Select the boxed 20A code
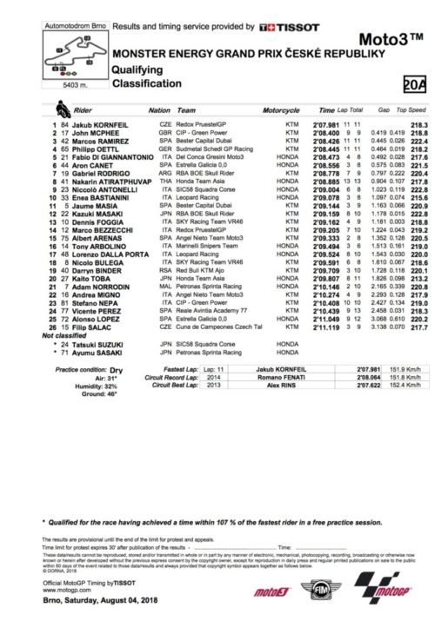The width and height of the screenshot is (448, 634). click(416, 83)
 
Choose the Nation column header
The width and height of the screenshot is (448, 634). click(159, 111)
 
